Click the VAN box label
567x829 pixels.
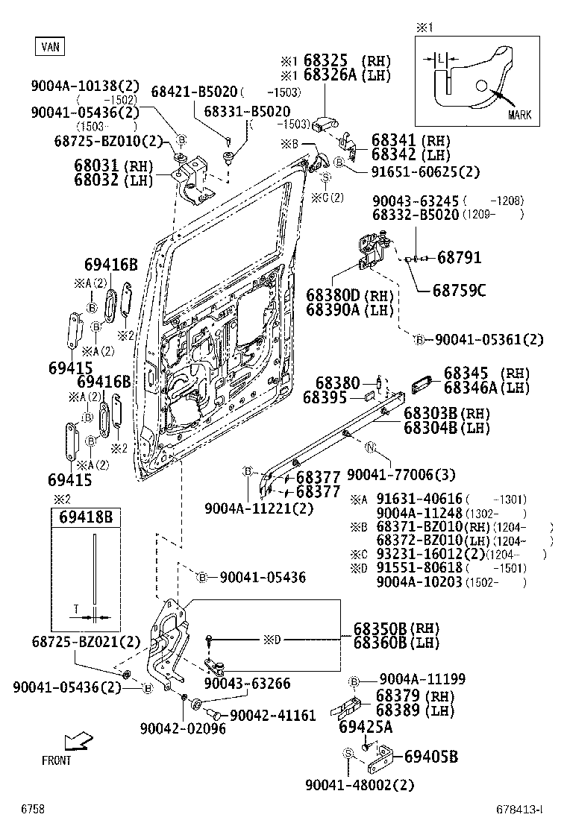[x=49, y=46]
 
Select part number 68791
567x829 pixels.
[x=459, y=258]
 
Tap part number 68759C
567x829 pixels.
[x=459, y=290]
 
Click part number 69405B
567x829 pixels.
[x=430, y=757]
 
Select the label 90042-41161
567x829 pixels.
[x=272, y=715]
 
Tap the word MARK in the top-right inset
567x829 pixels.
[x=519, y=115]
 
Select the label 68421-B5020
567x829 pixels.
[x=195, y=92]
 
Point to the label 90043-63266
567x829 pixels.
[x=247, y=684]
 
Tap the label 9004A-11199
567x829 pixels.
[x=422, y=678]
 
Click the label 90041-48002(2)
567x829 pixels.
[x=360, y=784]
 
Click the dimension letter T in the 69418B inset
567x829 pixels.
[x=75, y=609]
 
